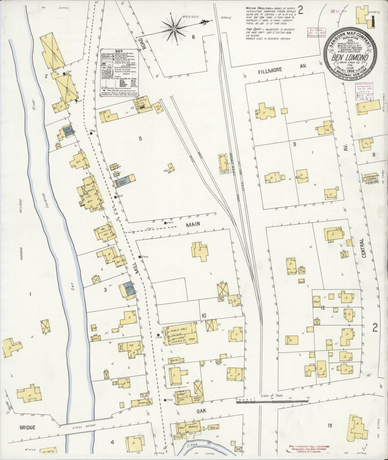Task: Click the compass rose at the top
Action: (x=174, y=28)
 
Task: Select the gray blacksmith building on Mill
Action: (x=128, y=289)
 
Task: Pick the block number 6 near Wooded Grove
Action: (x=193, y=37)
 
